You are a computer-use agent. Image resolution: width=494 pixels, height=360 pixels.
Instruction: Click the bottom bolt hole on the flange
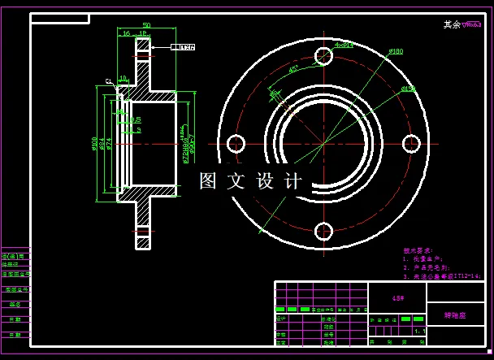click(323, 231)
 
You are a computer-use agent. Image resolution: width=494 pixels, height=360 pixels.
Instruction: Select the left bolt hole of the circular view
click(236, 144)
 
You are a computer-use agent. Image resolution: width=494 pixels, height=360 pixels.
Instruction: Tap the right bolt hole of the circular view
click(413, 144)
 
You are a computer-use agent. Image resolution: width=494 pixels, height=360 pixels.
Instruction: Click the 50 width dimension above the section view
click(146, 25)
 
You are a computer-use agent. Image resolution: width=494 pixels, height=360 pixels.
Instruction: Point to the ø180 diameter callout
click(396, 51)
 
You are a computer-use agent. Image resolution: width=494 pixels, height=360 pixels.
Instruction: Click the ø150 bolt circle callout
click(409, 88)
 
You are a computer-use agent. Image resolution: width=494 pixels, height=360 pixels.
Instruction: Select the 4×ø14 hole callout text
click(344, 46)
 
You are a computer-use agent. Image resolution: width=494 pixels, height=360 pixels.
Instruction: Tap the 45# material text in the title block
click(398, 298)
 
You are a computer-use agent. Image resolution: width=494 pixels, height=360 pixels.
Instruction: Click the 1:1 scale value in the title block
click(419, 332)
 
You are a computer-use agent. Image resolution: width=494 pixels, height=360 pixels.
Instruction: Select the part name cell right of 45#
click(456, 314)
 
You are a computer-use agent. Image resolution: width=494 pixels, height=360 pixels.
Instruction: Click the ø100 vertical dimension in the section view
click(95, 144)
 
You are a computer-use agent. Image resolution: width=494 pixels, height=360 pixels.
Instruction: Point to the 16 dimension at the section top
click(126, 34)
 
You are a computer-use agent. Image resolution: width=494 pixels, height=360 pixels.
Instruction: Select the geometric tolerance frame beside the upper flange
click(182, 47)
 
